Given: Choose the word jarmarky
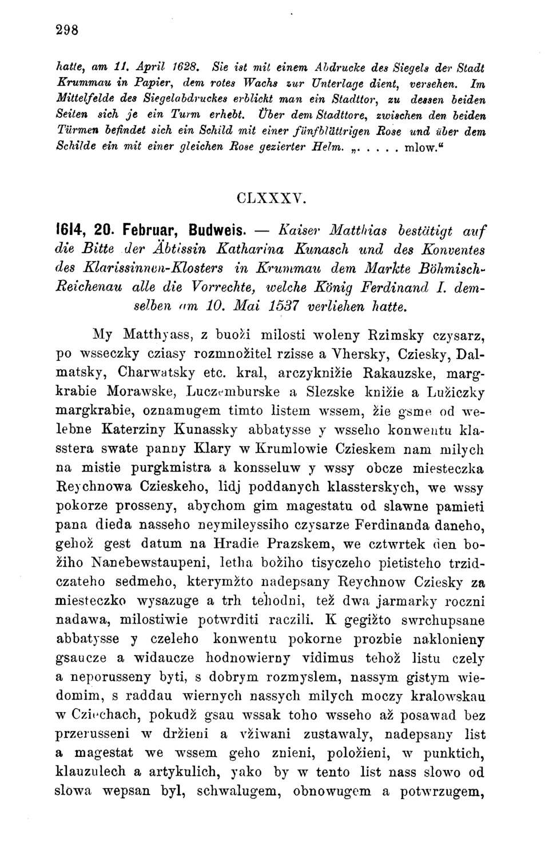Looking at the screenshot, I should click(x=415, y=601).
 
